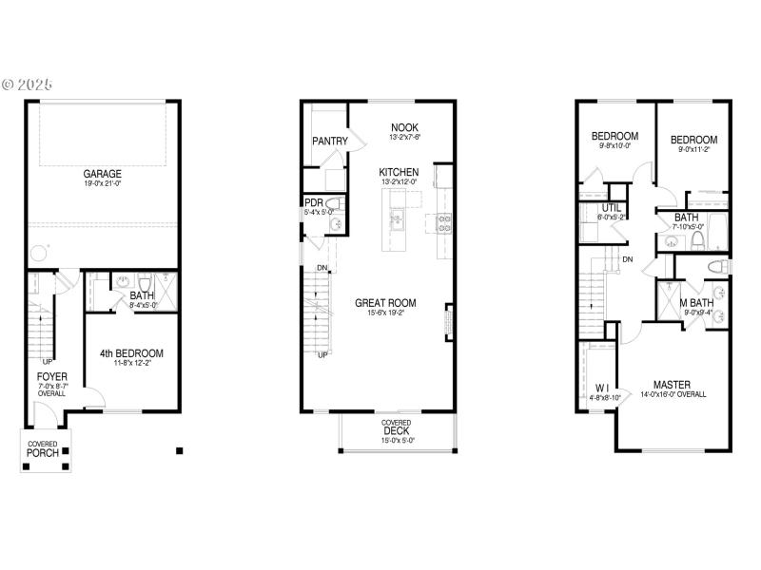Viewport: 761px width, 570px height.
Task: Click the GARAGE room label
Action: click(x=102, y=174)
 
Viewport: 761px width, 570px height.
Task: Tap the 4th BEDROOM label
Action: click(x=132, y=353)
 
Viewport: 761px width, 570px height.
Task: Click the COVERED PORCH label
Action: click(x=42, y=449)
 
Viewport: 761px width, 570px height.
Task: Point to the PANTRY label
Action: click(x=329, y=142)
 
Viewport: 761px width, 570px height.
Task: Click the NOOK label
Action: click(x=404, y=127)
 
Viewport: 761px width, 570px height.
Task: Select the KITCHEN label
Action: click(x=399, y=172)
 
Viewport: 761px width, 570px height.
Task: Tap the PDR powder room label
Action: click(x=314, y=202)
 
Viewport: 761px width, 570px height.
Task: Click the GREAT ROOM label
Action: click(x=385, y=304)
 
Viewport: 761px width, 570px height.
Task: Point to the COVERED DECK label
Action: click(x=397, y=429)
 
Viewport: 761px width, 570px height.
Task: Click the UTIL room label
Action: click(x=612, y=208)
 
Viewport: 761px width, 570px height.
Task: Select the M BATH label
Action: click(x=695, y=303)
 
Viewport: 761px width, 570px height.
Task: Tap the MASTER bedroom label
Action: click(x=673, y=385)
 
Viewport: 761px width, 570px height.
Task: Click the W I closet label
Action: click(x=602, y=388)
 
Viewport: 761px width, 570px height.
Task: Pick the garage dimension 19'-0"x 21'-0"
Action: click(x=102, y=184)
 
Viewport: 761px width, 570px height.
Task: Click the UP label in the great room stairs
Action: click(x=322, y=355)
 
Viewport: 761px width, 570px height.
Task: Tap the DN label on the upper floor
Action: click(x=628, y=259)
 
